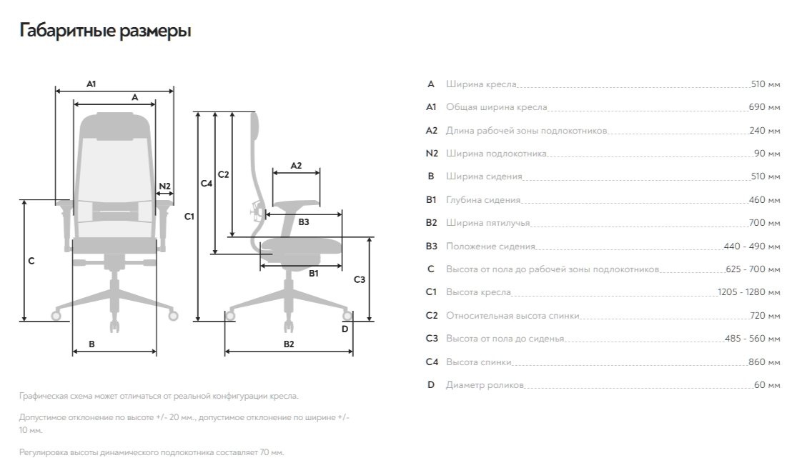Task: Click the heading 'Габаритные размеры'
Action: pyautogui.click(x=105, y=31)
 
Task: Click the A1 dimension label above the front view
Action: pyautogui.click(x=91, y=84)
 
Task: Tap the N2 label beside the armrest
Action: pyautogui.click(x=164, y=186)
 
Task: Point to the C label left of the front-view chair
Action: pyautogui.click(x=31, y=261)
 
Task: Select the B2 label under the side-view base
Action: pyautogui.click(x=289, y=344)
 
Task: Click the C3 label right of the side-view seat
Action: pyautogui.click(x=360, y=279)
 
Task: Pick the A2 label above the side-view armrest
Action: pyautogui.click(x=296, y=165)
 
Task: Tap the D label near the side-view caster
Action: pyautogui.click(x=345, y=329)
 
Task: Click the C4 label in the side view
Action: pyautogui.click(x=207, y=184)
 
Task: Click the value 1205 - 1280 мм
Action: pyautogui.click(x=749, y=292)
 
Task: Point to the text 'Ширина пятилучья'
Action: pyautogui.click(x=488, y=223)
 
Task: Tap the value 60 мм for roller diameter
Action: pyautogui.click(x=767, y=385)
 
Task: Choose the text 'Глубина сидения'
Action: pyautogui.click(x=483, y=200)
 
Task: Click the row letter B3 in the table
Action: pyautogui.click(x=431, y=247)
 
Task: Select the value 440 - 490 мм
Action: pyautogui.click(x=752, y=247)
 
